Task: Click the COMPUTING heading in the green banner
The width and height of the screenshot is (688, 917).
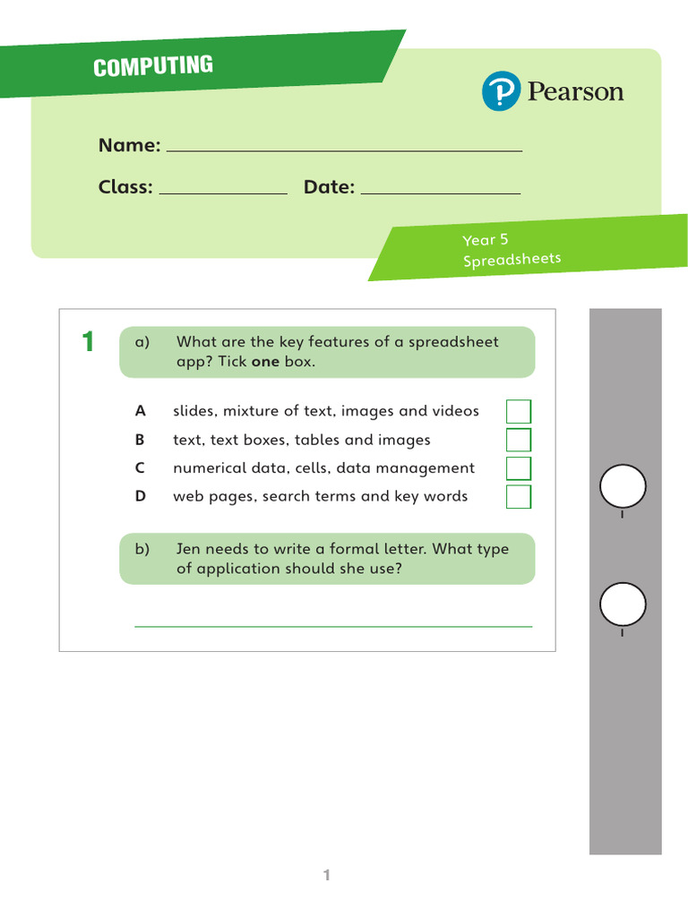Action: pyautogui.click(x=153, y=66)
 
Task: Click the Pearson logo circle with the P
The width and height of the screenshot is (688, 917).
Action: pyautogui.click(x=501, y=92)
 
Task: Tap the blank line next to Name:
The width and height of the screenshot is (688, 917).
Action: pyautogui.click(x=344, y=149)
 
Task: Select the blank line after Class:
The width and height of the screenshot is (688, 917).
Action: pyautogui.click(x=222, y=191)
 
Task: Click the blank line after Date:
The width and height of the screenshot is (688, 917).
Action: pyautogui.click(x=440, y=191)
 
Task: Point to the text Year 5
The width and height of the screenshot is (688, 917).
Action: pyautogui.click(x=485, y=240)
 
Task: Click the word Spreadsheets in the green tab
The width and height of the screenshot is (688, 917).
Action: pyautogui.click(x=512, y=260)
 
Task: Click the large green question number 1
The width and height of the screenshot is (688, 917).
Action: pyautogui.click(x=88, y=341)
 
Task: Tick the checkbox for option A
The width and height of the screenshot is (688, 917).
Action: pyautogui.click(x=519, y=412)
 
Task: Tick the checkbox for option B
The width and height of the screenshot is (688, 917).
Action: pyautogui.click(x=519, y=440)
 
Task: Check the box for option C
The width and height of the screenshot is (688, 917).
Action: pyautogui.click(x=519, y=468)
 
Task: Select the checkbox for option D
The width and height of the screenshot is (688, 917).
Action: pyautogui.click(x=519, y=497)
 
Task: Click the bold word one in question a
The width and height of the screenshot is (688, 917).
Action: pyautogui.click(x=265, y=362)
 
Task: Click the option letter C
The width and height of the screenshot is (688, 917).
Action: pyautogui.click(x=140, y=468)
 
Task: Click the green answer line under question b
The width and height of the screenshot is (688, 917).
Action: pyautogui.click(x=333, y=626)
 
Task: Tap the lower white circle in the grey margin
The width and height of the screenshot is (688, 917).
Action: pyautogui.click(x=623, y=604)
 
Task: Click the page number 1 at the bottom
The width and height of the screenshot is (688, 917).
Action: pyautogui.click(x=327, y=876)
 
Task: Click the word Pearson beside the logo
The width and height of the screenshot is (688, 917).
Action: pyautogui.click(x=575, y=92)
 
